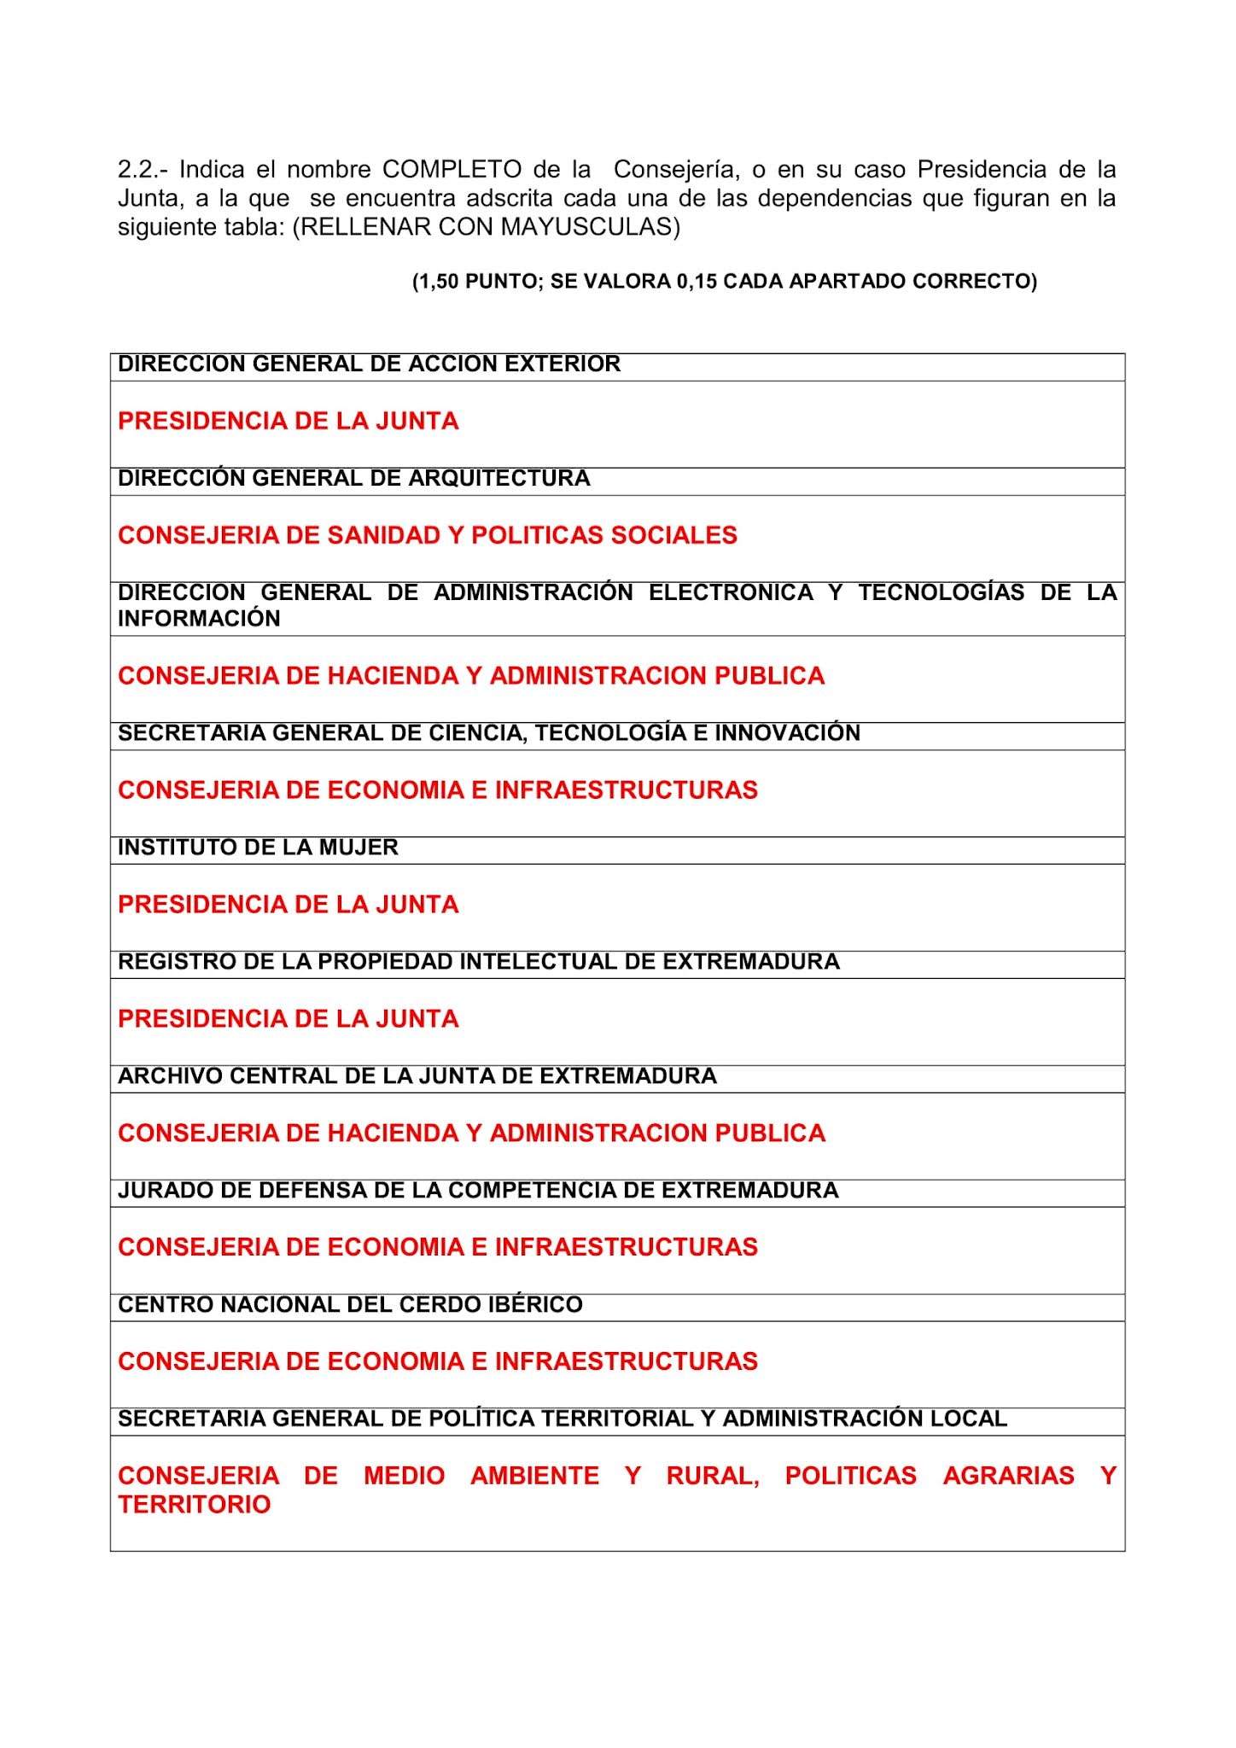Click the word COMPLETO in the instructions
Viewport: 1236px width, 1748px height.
452,170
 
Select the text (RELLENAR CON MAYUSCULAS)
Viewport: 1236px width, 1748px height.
486,228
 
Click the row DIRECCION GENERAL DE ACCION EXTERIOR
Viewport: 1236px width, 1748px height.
369,364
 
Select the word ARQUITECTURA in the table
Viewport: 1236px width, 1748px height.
499,479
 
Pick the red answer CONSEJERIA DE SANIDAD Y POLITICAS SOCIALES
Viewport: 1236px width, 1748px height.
427,535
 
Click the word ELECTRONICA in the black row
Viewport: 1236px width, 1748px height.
731,592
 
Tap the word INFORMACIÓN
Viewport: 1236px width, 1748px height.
199,619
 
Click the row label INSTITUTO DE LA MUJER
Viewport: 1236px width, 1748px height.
258,848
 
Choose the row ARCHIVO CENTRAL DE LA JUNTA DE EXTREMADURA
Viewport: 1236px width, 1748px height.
417,1076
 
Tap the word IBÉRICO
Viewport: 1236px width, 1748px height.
537,1305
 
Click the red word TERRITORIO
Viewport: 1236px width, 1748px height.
194,1505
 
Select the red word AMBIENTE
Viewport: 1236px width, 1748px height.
534,1476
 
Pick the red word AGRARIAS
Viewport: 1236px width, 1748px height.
1008,1476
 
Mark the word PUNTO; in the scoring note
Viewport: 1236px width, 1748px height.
504,282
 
